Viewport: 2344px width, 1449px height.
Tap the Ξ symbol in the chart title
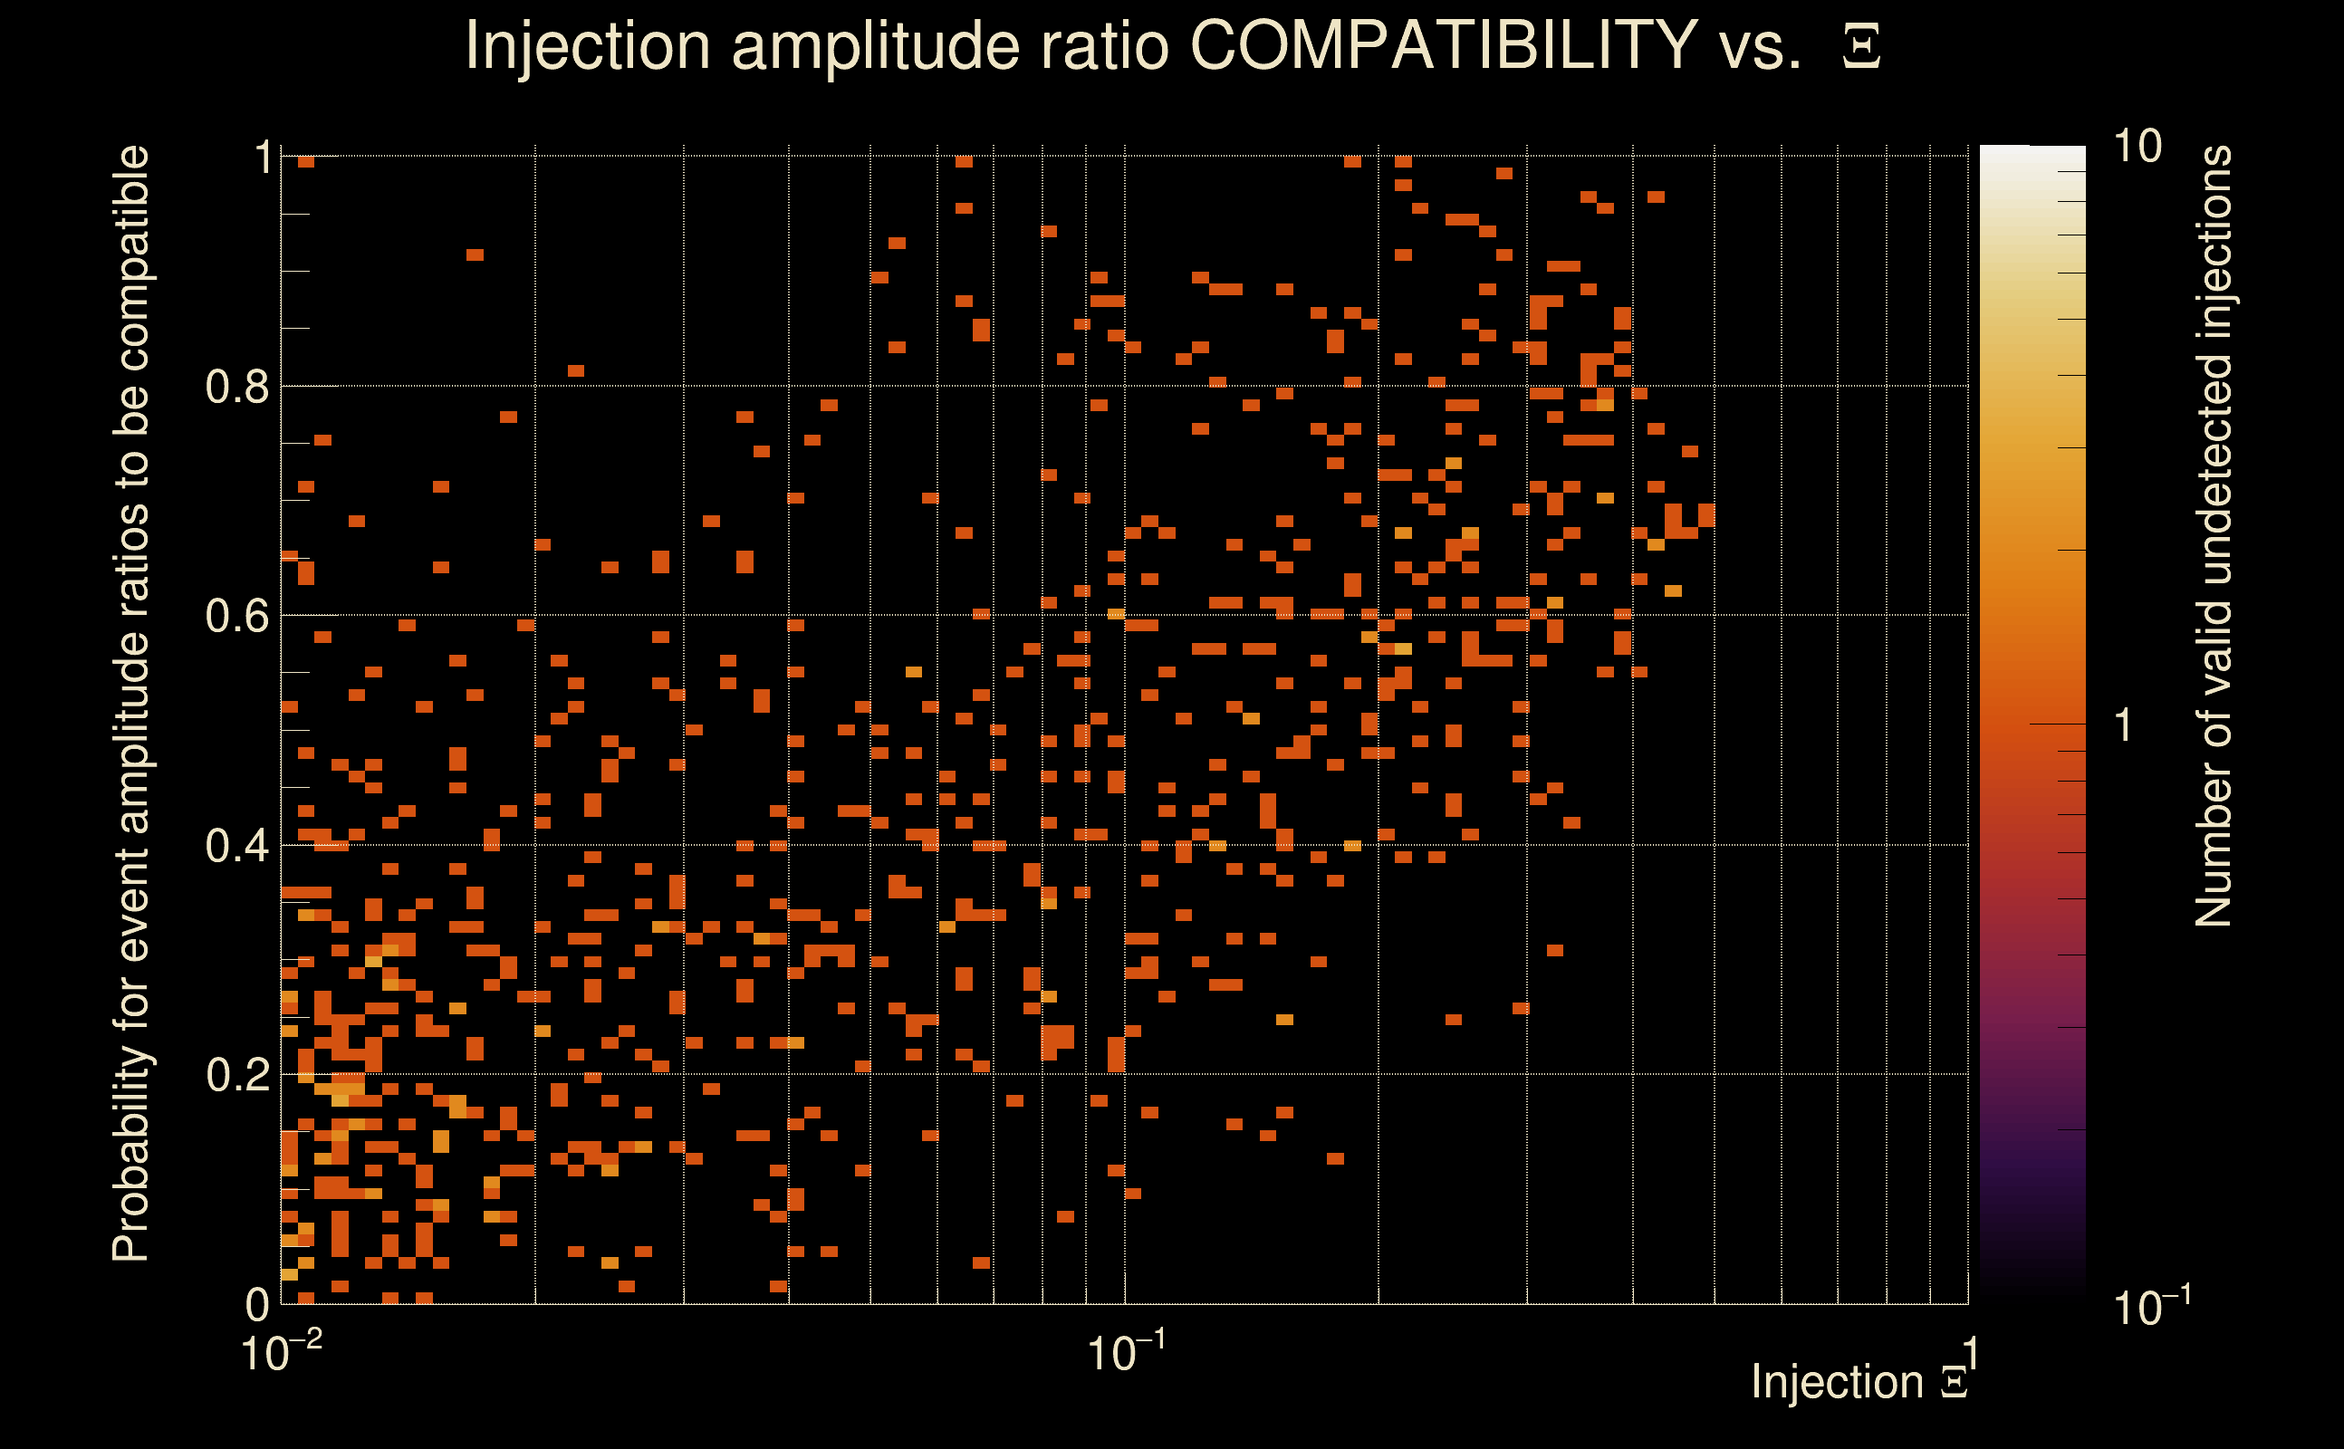pyautogui.click(x=1861, y=46)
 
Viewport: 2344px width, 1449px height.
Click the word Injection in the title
pyautogui.click(x=588, y=46)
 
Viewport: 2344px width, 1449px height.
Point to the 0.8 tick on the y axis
pyautogui.click(x=236, y=388)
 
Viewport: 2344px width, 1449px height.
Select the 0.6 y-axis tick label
pyautogui.click(x=236, y=615)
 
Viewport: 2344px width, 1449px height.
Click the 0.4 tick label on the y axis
pyautogui.click(x=236, y=846)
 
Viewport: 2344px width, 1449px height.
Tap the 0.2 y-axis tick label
pyautogui.click(x=236, y=1075)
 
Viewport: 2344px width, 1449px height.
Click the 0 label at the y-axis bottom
pyautogui.click(x=257, y=1304)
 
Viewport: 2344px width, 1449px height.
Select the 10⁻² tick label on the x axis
pyautogui.click(x=281, y=1352)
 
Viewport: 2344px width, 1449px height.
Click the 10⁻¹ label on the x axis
pyautogui.click(x=1126, y=1352)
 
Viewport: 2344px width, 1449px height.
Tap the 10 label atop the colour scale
pyautogui.click(x=2137, y=147)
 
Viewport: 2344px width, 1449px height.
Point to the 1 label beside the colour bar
pyautogui.click(x=2124, y=725)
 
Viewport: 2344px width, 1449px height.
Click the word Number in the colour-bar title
pyautogui.click(x=2213, y=844)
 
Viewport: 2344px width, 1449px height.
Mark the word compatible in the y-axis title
pyautogui.click(x=131, y=258)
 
